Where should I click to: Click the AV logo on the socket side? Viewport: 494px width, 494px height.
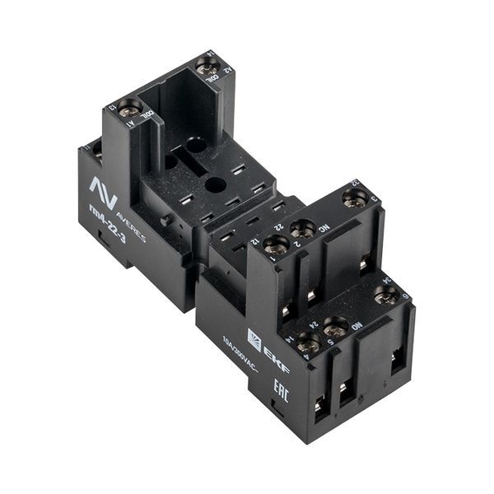point(103,191)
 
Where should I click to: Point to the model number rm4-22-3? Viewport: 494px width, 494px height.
point(106,225)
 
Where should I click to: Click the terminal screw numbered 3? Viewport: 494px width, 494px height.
point(354,198)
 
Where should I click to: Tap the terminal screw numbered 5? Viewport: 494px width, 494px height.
point(334,327)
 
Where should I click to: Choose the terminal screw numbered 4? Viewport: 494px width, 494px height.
point(308,344)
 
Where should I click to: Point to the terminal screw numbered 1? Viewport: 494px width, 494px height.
point(276,245)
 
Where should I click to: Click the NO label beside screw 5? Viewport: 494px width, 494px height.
point(357,324)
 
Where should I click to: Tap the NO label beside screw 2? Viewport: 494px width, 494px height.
point(324,227)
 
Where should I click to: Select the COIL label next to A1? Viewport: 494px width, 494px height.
point(147,118)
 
